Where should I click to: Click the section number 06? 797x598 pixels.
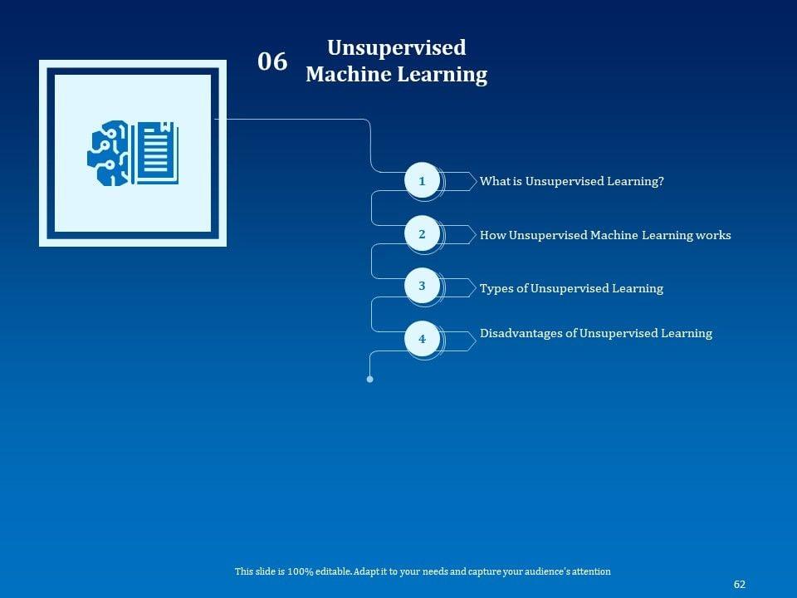[x=272, y=61]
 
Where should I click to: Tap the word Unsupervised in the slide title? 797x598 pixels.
[x=396, y=47]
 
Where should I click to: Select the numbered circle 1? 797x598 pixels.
[x=422, y=181]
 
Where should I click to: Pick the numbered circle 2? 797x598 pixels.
[x=422, y=235]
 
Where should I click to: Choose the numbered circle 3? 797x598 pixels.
[x=422, y=287]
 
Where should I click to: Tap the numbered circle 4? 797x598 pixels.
[x=422, y=339]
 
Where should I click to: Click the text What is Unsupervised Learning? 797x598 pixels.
[x=571, y=181]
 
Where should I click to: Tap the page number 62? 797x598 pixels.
[x=740, y=585]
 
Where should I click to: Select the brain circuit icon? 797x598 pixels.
[x=109, y=153]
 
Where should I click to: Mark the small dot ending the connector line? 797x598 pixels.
[x=369, y=379]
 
